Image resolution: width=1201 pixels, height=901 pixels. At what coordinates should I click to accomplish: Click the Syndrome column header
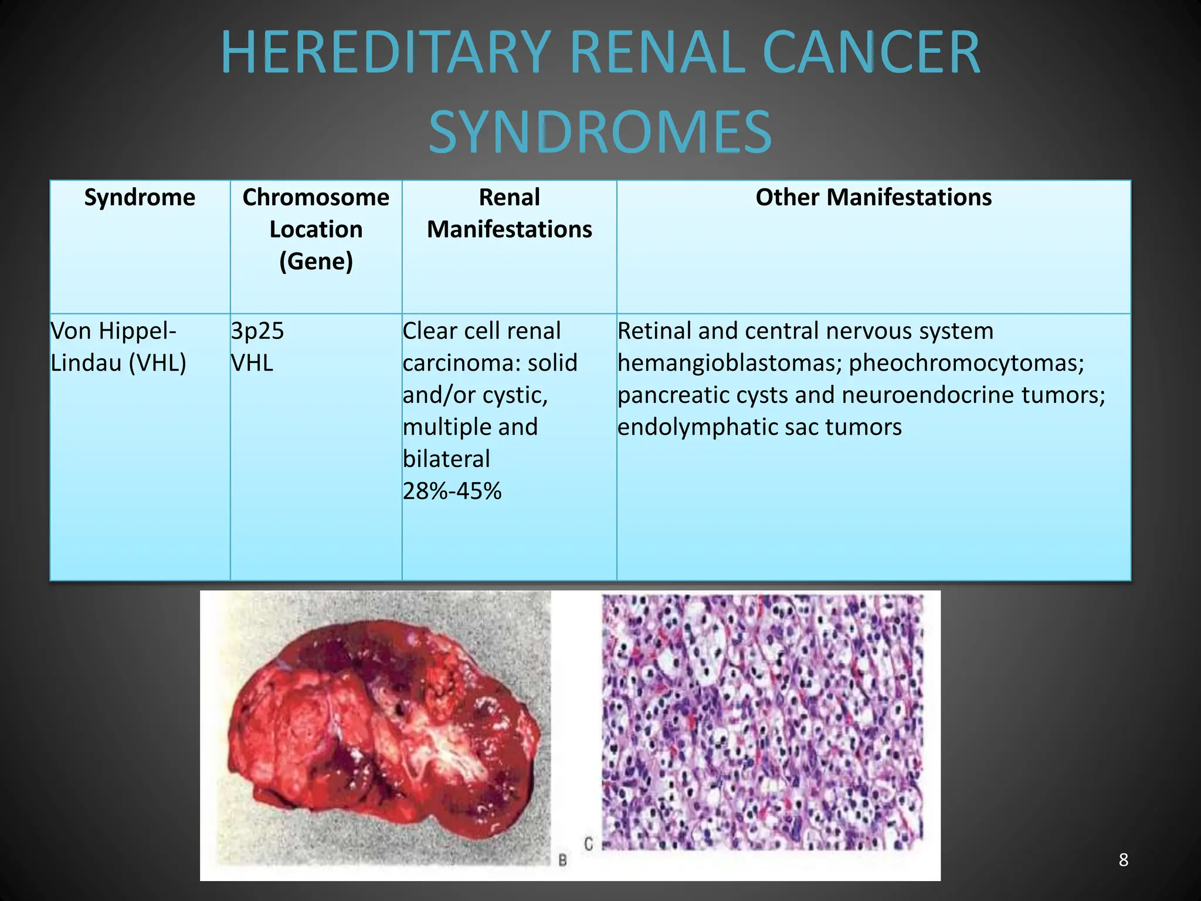[x=140, y=197]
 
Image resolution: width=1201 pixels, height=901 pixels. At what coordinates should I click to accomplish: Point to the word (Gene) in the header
[x=316, y=261]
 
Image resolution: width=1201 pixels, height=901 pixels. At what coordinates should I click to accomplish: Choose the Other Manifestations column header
[x=873, y=197]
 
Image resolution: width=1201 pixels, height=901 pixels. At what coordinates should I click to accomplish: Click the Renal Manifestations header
[x=509, y=214]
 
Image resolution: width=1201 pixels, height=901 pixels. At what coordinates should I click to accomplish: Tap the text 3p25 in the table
[x=257, y=331]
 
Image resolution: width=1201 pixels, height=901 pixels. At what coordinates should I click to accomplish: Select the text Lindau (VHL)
[x=118, y=363]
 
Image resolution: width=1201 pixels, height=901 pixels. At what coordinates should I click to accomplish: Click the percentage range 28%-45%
[x=452, y=491]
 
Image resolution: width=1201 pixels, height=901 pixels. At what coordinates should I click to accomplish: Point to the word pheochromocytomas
[x=966, y=363]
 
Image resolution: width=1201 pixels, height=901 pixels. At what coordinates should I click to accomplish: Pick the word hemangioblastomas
[x=730, y=363]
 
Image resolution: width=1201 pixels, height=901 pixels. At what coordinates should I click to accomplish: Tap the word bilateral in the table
[x=446, y=459]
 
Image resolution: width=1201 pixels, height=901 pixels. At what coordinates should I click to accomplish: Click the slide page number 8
[x=1123, y=860]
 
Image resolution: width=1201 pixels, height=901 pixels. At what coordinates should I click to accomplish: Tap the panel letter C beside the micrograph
[x=588, y=844]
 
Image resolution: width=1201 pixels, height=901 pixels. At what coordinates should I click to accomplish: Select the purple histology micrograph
[x=762, y=722]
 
